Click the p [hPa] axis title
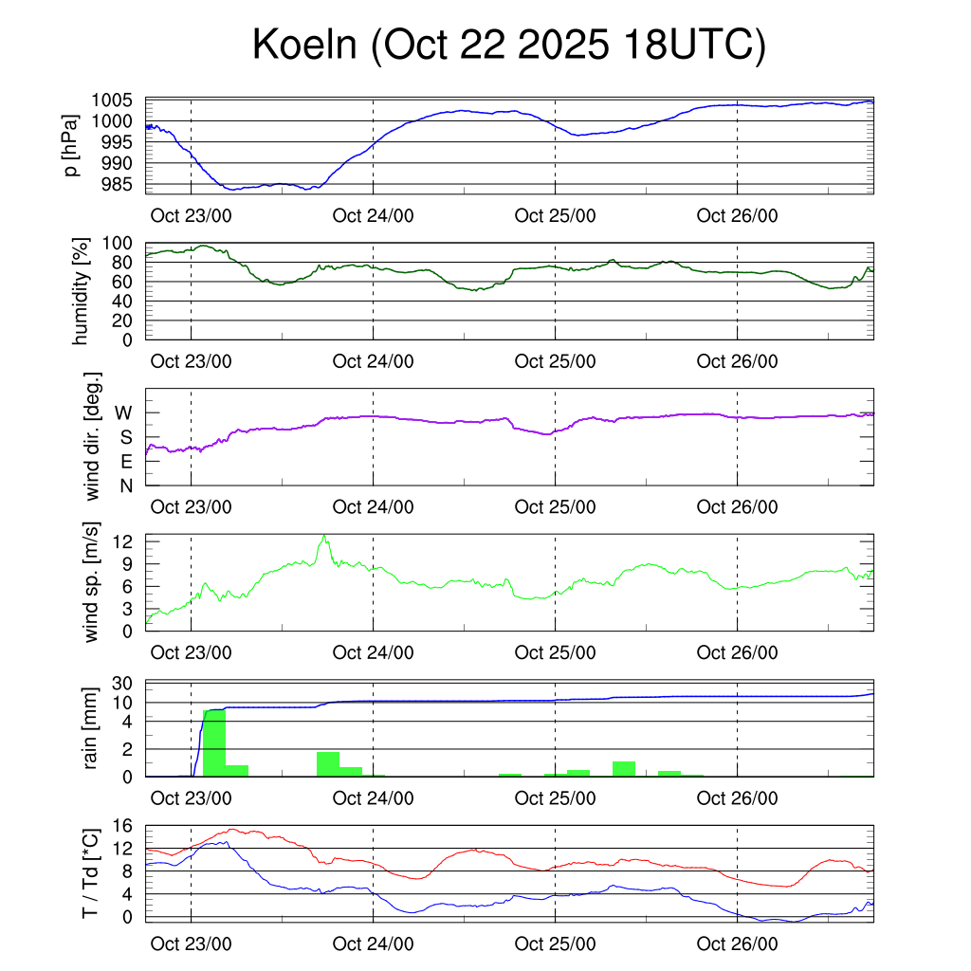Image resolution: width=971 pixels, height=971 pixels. click(70, 145)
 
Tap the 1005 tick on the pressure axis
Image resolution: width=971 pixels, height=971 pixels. click(119, 101)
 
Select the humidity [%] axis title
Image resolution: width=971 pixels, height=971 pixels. click(80, 290)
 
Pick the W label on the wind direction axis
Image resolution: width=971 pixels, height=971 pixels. click(123, 412)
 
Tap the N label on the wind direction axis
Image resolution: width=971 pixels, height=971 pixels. click(125, 485)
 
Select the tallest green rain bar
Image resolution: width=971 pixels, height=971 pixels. click(214, 742)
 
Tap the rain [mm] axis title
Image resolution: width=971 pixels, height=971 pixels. click(91, 728)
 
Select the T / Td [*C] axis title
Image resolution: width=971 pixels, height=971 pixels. click(91, 872)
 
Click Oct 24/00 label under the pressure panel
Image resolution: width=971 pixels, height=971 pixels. click(374, 215)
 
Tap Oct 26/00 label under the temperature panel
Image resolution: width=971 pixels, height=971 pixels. click(737, 944)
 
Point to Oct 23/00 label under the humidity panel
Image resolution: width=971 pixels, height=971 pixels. click(191, 361)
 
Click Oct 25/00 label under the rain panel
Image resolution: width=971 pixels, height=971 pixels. click(555, 798)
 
